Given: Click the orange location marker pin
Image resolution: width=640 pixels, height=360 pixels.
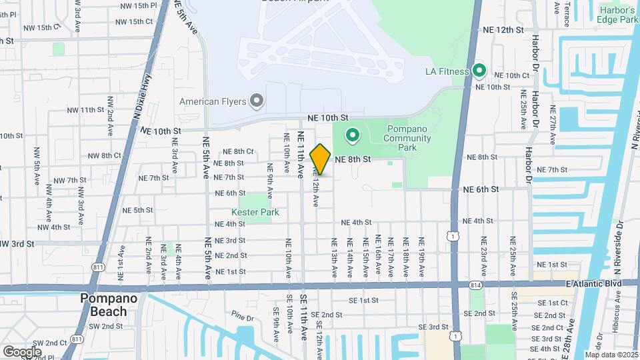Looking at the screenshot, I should pos(321,159).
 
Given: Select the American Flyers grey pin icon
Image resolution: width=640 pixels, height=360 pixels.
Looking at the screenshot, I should pos(257,101).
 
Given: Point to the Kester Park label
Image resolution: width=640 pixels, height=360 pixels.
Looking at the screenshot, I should pos(255,212).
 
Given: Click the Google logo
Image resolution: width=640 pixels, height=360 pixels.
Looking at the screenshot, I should pos(22,351).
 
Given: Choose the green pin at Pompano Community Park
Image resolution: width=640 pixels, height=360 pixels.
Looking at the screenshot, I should pos(351,137).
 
